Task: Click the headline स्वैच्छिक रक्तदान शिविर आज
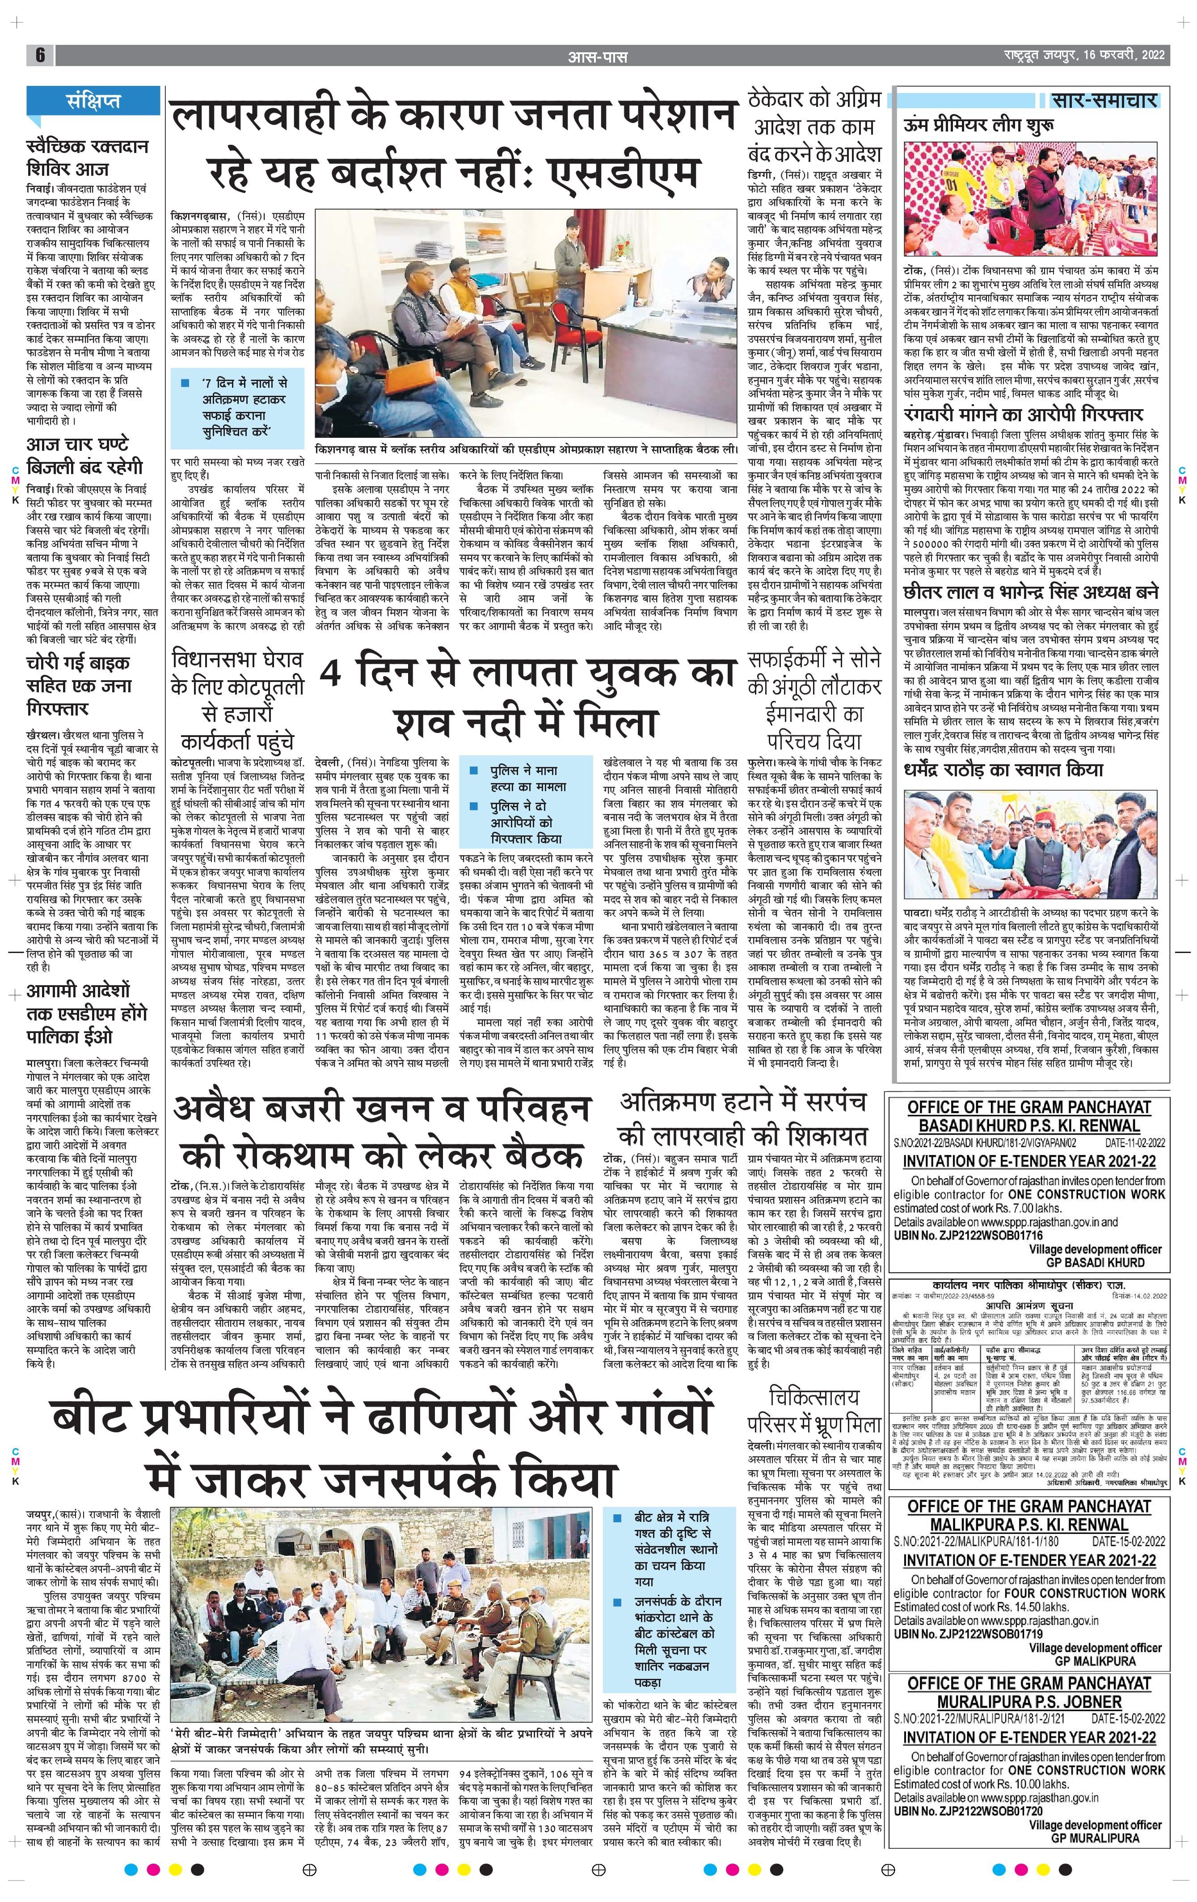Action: pos(87,158)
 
